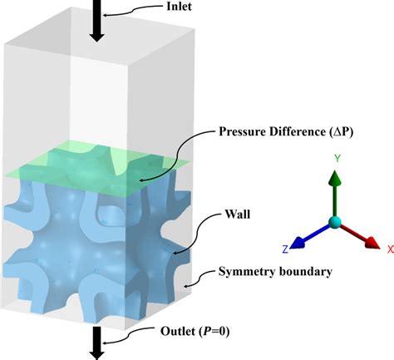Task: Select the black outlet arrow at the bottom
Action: coord(96,341)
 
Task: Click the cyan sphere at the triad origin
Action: coord(334,222)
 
